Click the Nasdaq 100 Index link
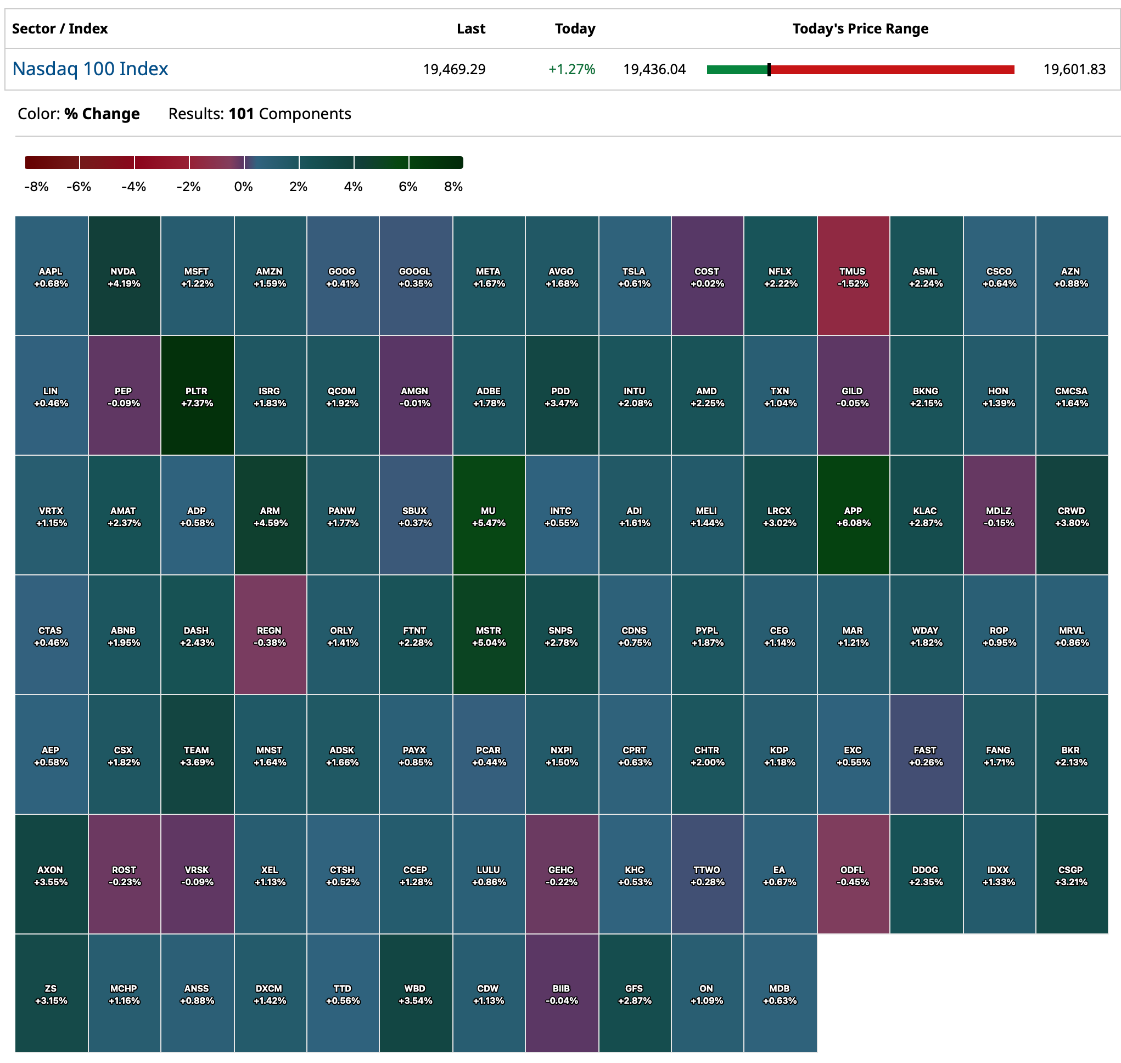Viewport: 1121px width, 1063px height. (90, 69)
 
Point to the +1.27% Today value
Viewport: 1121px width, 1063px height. (571, 69)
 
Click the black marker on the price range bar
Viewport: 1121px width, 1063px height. (769, 70)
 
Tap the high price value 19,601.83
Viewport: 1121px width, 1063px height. (1074, 69)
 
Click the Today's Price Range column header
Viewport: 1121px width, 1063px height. (860, 29)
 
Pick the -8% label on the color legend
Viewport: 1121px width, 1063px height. (36, 187)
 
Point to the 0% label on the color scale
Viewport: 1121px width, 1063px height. (243, 187)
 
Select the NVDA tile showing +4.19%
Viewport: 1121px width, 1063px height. (124, 277)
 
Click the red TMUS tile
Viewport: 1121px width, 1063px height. (853, 277)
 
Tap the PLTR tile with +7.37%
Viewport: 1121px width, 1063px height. (197, 396)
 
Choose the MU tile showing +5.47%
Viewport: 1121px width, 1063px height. (488, 516)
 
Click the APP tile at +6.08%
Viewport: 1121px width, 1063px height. (853, 516)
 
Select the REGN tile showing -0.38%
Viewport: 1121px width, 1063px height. (270, 635)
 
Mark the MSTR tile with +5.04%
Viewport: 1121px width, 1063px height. (488, 635)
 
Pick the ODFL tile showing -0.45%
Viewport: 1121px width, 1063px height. (853, 874)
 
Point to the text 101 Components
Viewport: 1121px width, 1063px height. (289, 114)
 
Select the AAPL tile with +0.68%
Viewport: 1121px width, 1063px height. (51, 277)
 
